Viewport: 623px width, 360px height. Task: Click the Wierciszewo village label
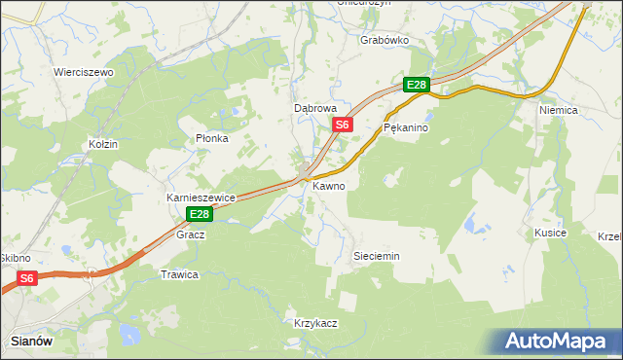(x=84, y=73)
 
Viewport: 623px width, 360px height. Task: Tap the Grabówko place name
(x=384, y=40)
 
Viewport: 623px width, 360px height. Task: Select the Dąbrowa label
(x=315, y=109)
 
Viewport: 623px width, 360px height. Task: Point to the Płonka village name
(x=211, y=138)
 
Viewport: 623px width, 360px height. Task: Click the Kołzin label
(x=102, y=144)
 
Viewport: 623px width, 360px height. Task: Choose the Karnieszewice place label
(x=202, y=198)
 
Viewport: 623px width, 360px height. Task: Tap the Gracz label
(x=189, y=235)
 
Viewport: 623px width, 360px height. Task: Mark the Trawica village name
(x=179, y=274)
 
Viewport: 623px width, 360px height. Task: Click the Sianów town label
(x=32, y=341)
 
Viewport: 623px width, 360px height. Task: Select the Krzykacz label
(x=315, y=323)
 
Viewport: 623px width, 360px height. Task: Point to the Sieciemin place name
(x=375, y=256)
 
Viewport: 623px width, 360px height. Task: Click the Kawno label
(x=328, y=185)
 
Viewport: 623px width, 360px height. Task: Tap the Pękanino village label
(x=406, y=127)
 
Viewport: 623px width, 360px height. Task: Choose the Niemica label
(x=559, y=111)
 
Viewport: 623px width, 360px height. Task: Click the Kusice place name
(x=550, y=234)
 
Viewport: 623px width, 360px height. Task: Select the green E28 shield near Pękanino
(x=417, y=86)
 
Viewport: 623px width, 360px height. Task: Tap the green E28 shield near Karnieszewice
(x=200, y=214)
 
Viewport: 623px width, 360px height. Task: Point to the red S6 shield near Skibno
(x=26, y=278)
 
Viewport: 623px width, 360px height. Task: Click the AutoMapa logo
(x=558, y=342)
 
